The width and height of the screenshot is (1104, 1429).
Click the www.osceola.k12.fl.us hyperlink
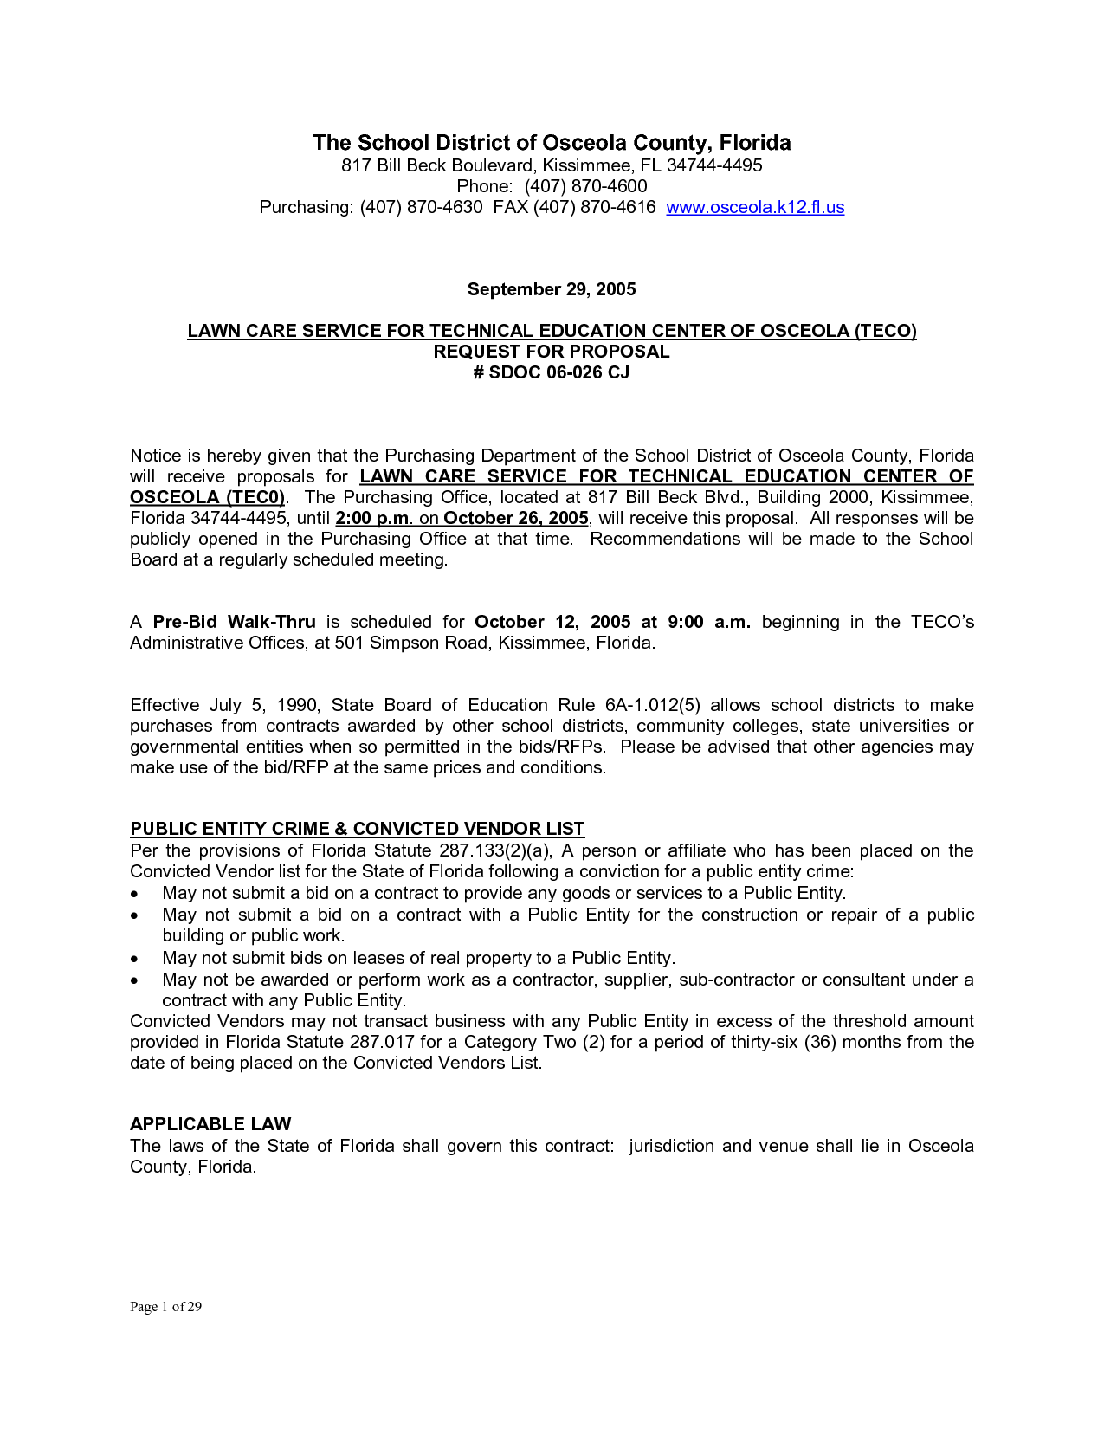755,207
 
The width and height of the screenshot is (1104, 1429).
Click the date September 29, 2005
552,289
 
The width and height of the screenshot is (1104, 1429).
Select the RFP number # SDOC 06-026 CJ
552,372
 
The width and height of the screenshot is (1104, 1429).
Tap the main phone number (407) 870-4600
585,186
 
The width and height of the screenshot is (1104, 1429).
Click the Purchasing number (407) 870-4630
421,207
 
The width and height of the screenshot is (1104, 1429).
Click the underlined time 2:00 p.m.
371,518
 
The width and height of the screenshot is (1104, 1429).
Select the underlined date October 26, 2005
516,518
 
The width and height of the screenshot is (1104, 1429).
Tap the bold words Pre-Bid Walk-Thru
234,622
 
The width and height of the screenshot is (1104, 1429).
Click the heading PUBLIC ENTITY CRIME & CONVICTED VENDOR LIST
357,829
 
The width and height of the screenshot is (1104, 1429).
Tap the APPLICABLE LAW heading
210,1124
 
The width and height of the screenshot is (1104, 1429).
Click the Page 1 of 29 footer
165,1307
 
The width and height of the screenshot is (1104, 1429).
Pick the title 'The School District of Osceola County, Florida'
552,143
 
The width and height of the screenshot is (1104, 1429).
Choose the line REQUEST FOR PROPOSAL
552,352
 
